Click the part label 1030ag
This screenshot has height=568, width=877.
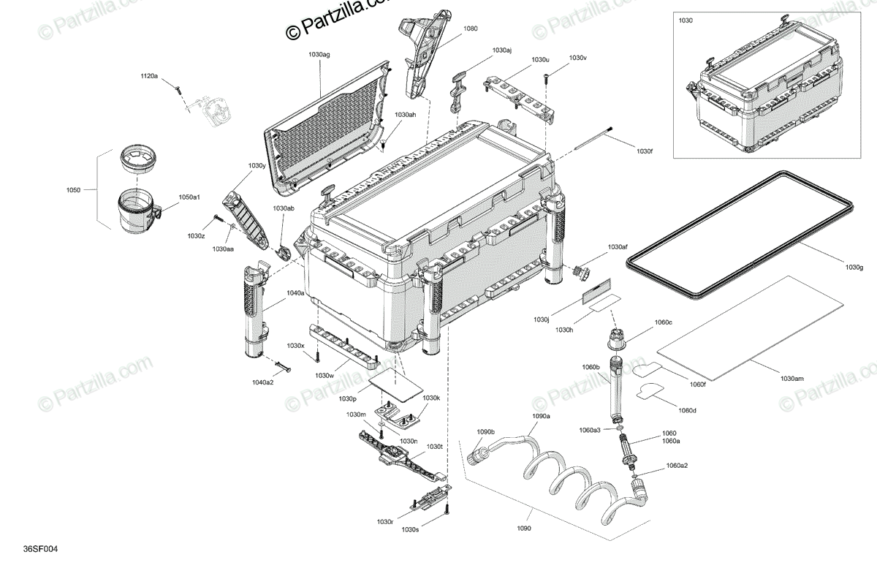coord(319,55)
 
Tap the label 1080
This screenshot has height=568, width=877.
coord(471,29)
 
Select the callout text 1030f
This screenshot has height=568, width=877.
coord(644,151)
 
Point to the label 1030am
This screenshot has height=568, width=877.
coord(791,379)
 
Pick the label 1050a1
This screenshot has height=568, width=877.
coord(189,197)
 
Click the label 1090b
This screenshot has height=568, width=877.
coord(486,431)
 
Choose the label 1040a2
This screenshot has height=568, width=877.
coord(263,382)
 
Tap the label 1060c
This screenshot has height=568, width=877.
coord(663,322)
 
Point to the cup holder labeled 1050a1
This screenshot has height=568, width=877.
coord(138,209)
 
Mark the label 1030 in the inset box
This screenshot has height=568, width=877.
coord(686,21)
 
